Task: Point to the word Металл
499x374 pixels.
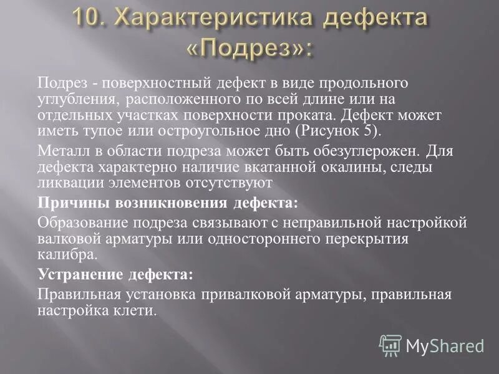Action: [x=61, y=151]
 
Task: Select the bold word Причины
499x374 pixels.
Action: [x=66, y=203]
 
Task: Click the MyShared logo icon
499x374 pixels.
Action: [x=390, y=345]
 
